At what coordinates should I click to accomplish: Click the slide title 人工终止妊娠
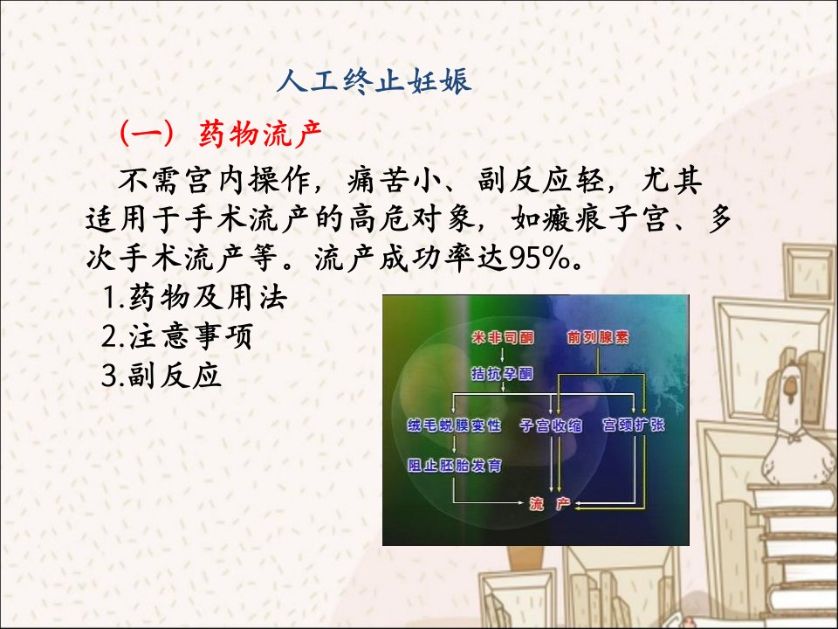374,81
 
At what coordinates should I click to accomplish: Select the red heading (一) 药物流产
221,133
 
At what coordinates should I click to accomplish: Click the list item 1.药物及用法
195,298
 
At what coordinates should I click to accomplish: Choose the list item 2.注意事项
177,336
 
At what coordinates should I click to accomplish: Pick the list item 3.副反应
161,375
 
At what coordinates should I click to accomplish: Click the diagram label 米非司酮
503,337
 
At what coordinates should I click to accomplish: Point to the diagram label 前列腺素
598,337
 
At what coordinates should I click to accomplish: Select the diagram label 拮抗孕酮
503,373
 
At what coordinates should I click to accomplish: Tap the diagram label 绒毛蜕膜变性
454,425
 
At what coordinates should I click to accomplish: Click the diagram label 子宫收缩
551,425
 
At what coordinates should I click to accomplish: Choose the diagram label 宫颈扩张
634,425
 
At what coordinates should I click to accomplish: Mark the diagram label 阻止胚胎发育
454,466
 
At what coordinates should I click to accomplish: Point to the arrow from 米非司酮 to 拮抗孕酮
503,356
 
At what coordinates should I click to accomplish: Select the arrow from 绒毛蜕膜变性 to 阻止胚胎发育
454,445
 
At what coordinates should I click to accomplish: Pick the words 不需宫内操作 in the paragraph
214,182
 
